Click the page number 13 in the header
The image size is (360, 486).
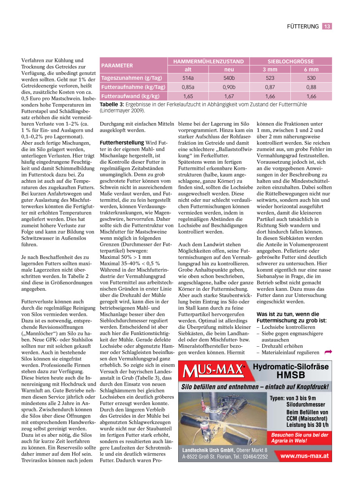coord(327,26)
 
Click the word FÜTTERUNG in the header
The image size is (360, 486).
coord(302,26)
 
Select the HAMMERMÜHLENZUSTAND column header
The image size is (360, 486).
coord(209,62)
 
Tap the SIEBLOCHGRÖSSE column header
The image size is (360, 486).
coord(290,62)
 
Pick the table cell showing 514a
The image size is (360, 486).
coord(188,78)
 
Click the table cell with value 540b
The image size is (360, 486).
coord(229,78)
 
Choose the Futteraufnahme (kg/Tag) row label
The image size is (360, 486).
coord(133,87)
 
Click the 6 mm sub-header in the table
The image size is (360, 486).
coord(311,69)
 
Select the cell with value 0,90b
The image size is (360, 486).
coord(229,87)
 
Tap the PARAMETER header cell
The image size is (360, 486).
coord(117,65)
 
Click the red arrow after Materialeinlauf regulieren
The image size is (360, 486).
coord(328,352)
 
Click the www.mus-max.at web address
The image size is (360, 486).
coord(304,456)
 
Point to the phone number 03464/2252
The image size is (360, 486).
coord(255,456)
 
